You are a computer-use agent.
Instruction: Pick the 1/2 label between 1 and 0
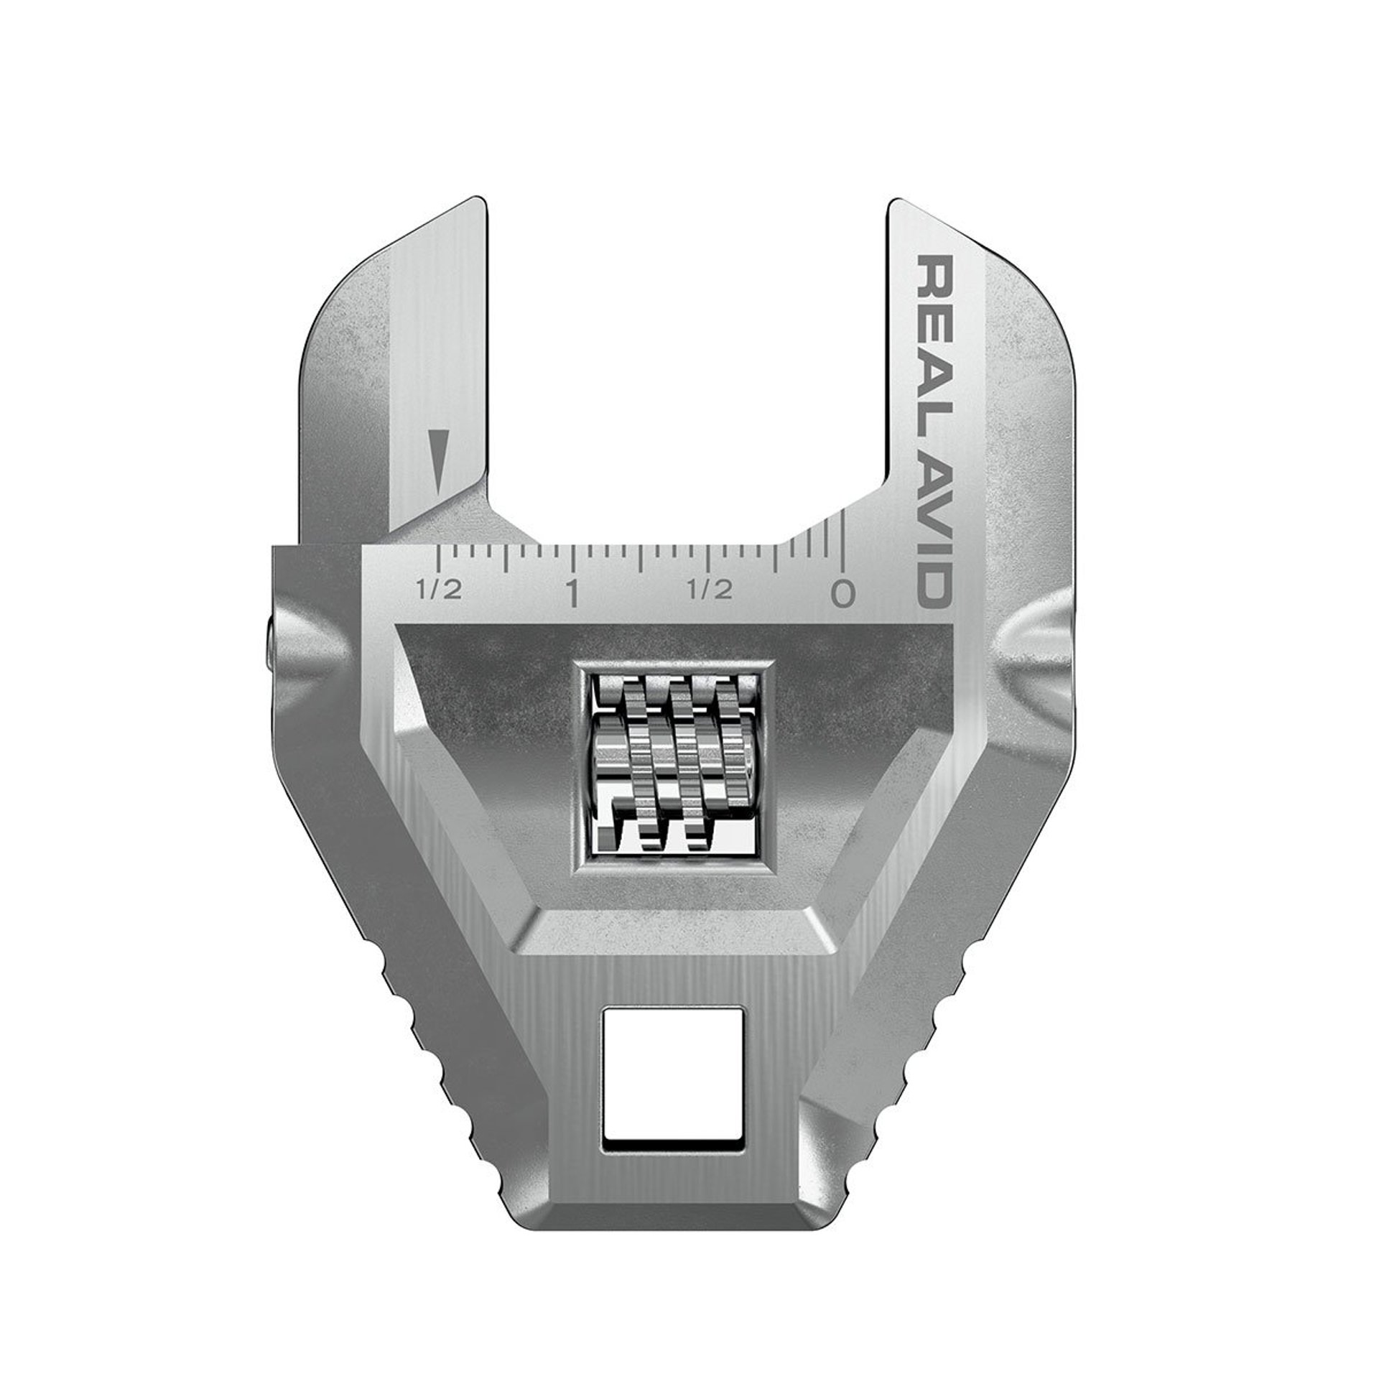(x=710, y=590)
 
